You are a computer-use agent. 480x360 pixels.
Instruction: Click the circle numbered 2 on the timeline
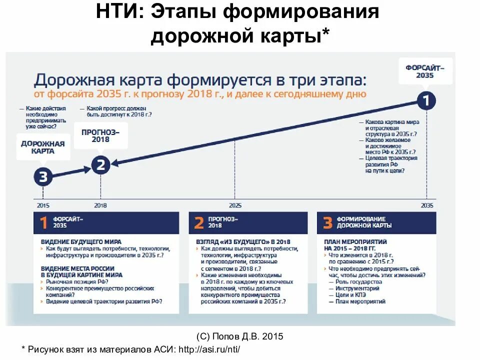pyautogui.click(x=100, y=165)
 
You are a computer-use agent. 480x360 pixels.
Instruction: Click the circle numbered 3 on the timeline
pyautogui.click(x=43, y=176)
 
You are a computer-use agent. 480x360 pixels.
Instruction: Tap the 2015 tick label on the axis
pyautogui.click(x=43, y=205)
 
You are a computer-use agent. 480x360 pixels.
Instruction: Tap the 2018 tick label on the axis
pyautogui.click(x=100, y=205)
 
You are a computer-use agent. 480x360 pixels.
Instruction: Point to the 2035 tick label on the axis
pyautogui.click(x=427, y=205)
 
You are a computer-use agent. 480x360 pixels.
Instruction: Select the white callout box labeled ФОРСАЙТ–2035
pyautogui.click(x=425, y=71)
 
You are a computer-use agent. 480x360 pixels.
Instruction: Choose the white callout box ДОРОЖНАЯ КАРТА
pyautogui.click(x=43, y=147)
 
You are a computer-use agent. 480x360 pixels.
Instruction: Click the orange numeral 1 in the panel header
pyautogui.click(x=44, y=223)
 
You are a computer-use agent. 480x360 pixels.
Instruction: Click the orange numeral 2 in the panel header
pyautogui.click(x=198, y=223)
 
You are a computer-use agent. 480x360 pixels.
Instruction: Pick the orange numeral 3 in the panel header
pyautogui.click(x=327, y=223)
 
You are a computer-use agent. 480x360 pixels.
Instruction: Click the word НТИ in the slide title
pyautogui.click(x=117, y=12)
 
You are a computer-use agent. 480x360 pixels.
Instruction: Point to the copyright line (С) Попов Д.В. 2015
pyautogui.click(x=240, y=335)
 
